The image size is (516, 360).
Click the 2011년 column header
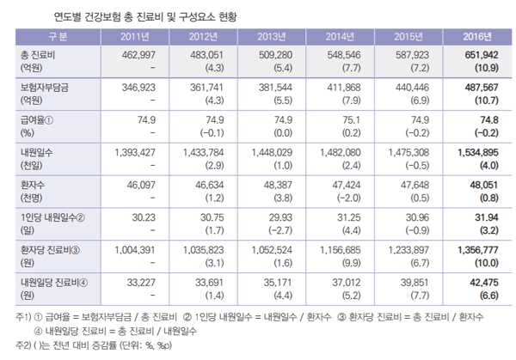(131, 37)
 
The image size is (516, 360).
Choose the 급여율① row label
(37, 121)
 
